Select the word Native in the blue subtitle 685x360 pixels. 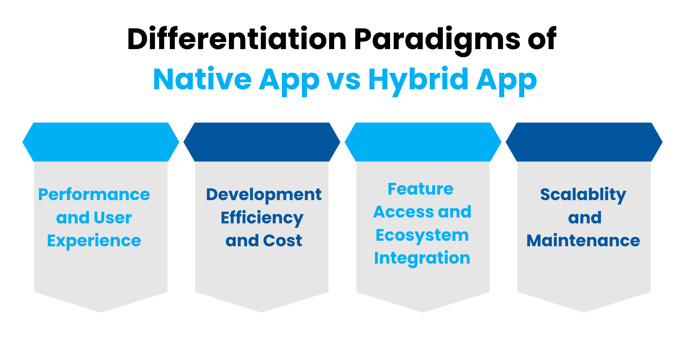(x=202, y=79)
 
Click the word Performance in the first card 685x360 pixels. (x=94, y=195)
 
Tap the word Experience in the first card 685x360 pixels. (x=94, y=241)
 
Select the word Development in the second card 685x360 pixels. (x=264, y=195)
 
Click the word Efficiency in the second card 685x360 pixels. (x=262, y=218)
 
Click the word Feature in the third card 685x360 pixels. (x=420, y=189)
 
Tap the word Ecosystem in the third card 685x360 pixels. (x=422, y=236)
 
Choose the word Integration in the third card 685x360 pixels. (x=422, y=258)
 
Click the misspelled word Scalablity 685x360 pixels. (x=583, y=195)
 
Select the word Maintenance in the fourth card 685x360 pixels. (x=583, y=241)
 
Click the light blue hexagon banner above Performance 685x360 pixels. (x=100, y=142)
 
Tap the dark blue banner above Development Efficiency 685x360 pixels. (x=262, y=142)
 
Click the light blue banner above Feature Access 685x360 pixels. (x=423, y=142)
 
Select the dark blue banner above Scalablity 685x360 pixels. (x=584, y=142)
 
